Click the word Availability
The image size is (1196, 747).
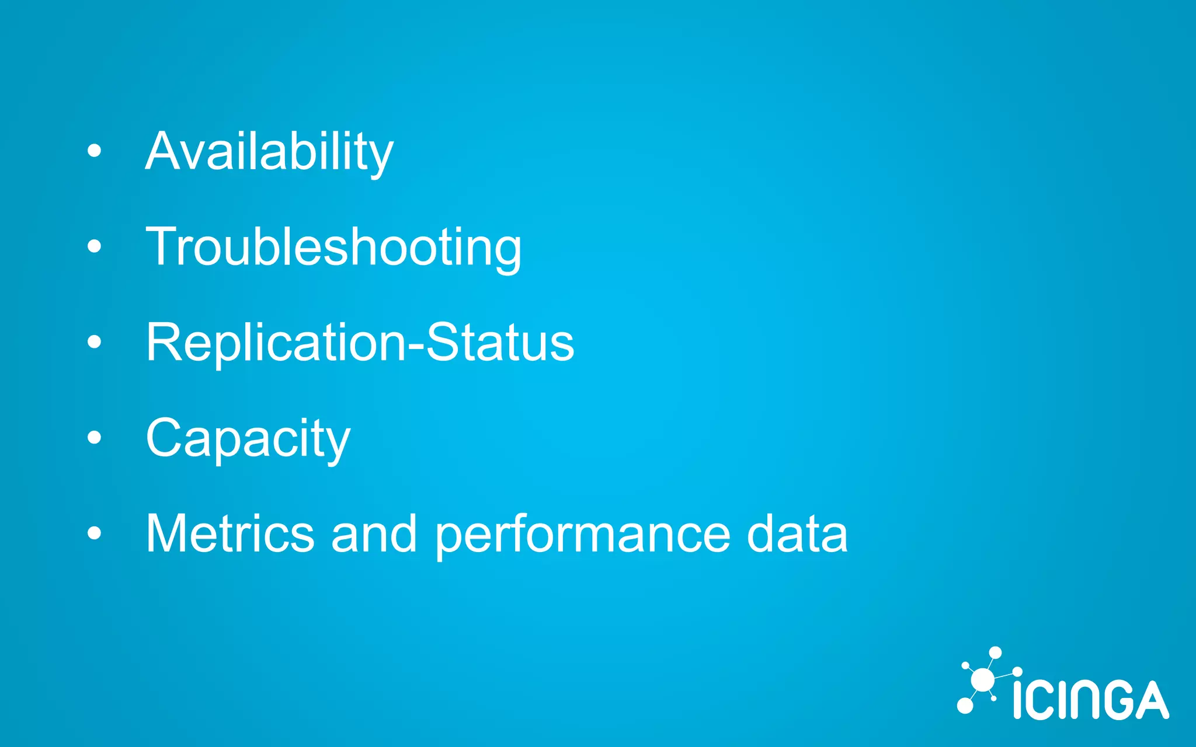tap(269, 152)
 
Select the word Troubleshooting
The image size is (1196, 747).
tap(333, 248)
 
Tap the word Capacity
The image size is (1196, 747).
tap(248, 438)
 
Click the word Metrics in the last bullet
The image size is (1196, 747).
tap(230, 533)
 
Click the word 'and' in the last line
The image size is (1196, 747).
tap(374, 533)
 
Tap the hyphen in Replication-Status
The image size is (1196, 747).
tap(416, 346)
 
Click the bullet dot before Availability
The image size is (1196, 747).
tap(94, 151)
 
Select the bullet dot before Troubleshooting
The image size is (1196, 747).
tap(94, 247)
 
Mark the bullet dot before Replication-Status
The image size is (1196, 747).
tap(94, 342)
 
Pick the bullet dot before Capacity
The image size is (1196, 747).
tap(94, 437)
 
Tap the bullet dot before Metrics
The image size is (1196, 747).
tap(94, 533)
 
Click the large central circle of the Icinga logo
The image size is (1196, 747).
tap(982, 680)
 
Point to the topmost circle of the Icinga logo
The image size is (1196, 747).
tap(996, 652)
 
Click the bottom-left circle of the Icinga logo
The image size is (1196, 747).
tap(965, 706)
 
